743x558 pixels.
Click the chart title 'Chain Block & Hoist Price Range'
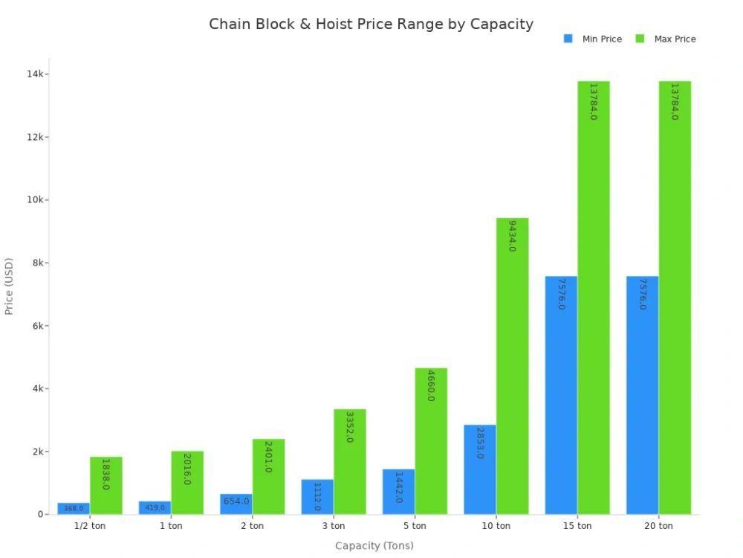[371, 24]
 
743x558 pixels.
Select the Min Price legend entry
[592, 39]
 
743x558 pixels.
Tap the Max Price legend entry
[665, 39]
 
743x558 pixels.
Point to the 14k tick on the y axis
[36, 74]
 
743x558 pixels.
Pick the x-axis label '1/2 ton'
[89, 526]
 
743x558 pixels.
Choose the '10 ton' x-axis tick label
[496, 526]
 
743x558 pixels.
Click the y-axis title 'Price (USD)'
[10, 286]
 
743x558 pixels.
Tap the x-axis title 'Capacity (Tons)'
[374, 546]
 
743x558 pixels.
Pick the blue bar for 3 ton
[317, 497]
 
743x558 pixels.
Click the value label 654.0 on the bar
[236, 501]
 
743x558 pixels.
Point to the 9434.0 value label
[512, 236]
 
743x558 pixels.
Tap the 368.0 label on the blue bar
[74, 509]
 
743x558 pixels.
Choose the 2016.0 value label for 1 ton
[186, 469]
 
